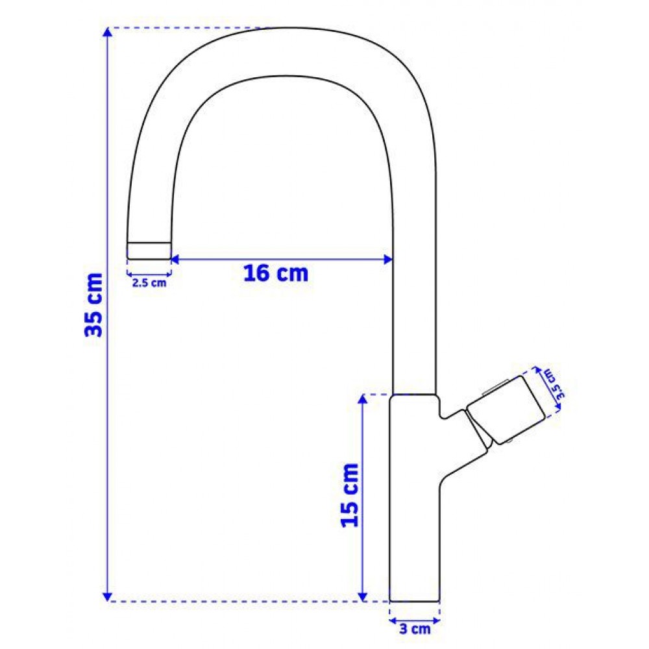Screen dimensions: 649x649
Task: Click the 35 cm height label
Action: [93, 304]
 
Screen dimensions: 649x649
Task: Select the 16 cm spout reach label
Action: [276, 274]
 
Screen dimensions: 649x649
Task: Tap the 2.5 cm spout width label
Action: [149, 283]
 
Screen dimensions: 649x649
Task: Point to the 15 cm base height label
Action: [349, 495]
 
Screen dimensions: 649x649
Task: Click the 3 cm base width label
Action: [415, 630]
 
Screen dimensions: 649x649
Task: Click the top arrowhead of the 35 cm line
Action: [108, 32]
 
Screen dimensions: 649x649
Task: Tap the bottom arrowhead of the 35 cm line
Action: [108, 596]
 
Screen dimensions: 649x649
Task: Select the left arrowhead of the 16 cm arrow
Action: [175, 260]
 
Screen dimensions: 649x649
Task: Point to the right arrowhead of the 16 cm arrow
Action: [388, 260]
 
